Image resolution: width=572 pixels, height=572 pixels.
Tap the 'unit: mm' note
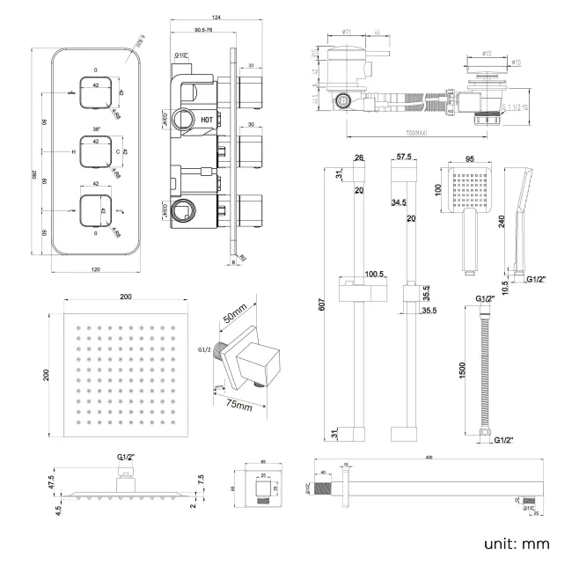pyautogui.click(x=517, y=543)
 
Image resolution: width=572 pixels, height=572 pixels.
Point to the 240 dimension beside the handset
pyautogui.click(x=502, y=222)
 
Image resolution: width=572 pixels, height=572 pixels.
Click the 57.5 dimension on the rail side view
pyautogui.click(x=405, y=158)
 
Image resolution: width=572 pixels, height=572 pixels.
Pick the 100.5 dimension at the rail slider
pyautogui.click(x=374, y=274)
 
